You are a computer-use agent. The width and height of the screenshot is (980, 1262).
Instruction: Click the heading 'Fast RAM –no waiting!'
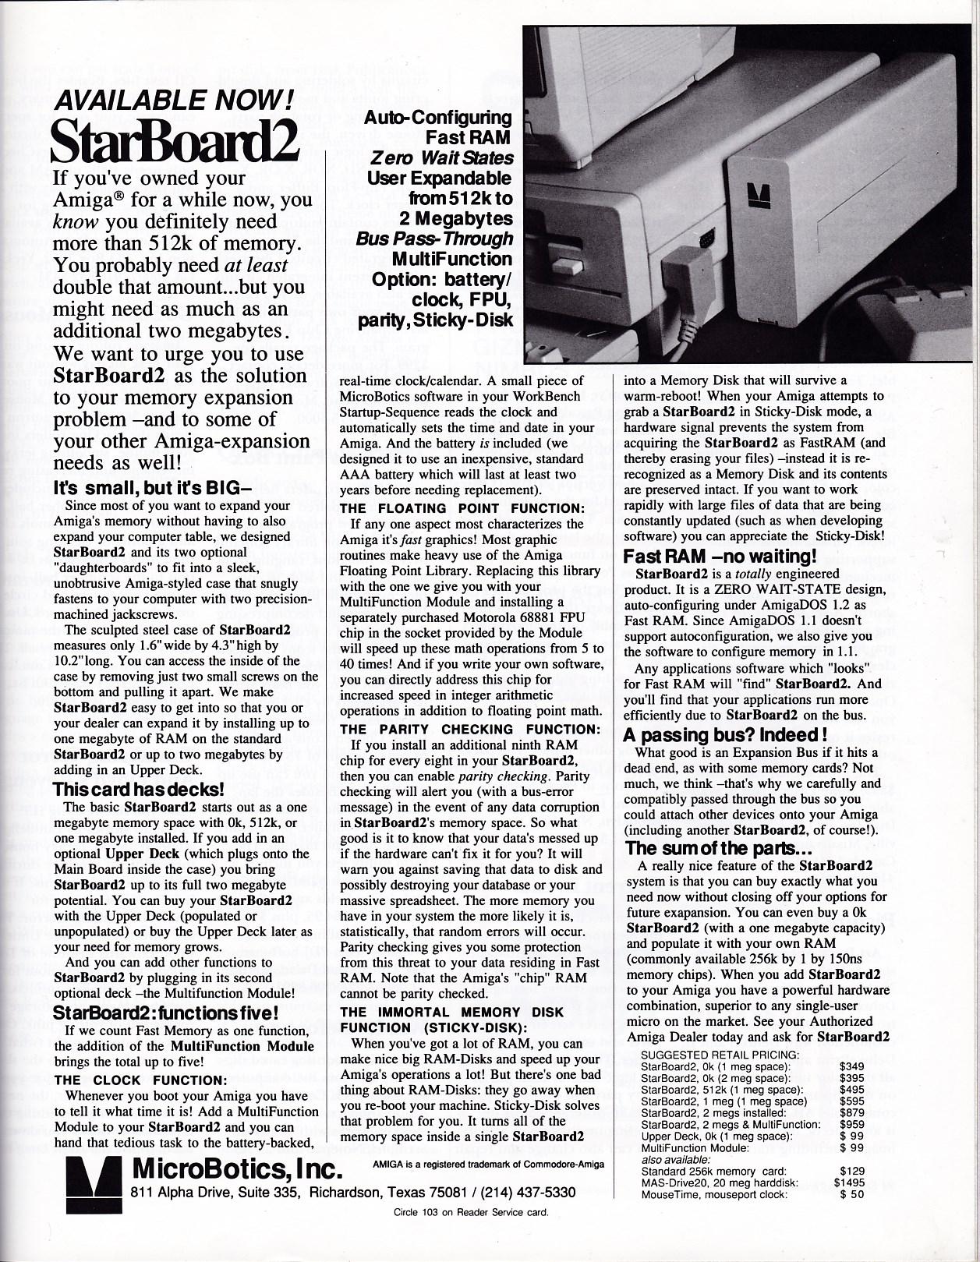pyautogui.click(x=720, y=557)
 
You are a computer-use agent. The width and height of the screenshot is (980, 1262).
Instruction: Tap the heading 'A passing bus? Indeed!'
pyautogui.click(x=725, y=735)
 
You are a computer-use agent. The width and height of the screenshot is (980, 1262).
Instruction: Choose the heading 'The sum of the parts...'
pyautogui.click(x=720, y=848)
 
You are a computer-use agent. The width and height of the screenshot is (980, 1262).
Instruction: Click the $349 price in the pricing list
pyautogui.click(x=852, y=1066)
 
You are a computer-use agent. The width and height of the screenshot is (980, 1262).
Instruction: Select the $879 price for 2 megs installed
pyautogui.click(x=852, y=1113)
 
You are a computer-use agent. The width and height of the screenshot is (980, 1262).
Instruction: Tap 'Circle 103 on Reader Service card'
pyautogui.click(x=471, y=1212)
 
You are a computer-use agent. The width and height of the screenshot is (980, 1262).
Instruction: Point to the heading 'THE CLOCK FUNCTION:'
pyautogui.click(x=141, y=1080)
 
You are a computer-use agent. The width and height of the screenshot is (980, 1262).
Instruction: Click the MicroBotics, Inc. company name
pyautogui.click(x=239, y=1168)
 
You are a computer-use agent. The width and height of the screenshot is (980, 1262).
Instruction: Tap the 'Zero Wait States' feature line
pyautogui.click(x=442, y=158)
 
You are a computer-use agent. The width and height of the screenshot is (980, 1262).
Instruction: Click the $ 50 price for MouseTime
pyautogui.click(x=852, y=1194)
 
